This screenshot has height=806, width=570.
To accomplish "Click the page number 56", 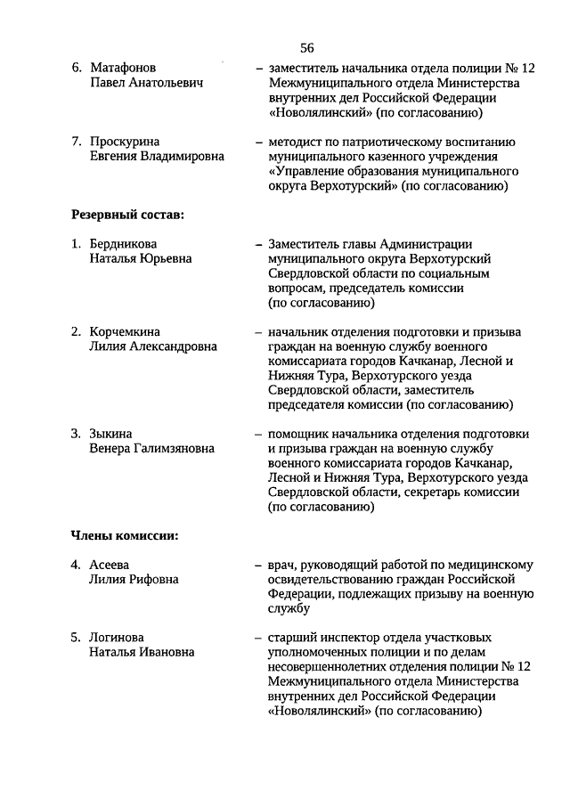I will coord(306,47).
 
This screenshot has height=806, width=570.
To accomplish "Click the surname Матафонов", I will coord(124,68).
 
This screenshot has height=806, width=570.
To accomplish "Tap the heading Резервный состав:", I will coord(127,215).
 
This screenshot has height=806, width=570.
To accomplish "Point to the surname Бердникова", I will coord(125,243).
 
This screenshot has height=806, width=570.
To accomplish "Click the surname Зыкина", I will coord(110,434).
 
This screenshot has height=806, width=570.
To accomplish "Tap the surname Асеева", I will coord(110,564).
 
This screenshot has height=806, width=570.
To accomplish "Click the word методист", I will coord(295,141).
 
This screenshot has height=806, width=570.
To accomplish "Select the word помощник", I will coord(298,434).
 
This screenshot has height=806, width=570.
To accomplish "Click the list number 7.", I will coord(76,141).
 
